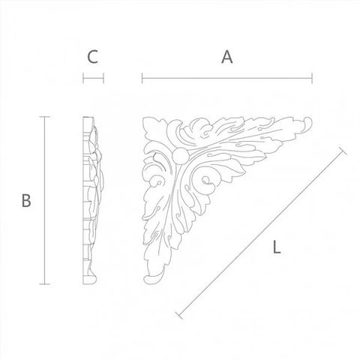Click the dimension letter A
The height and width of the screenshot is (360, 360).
click(227, 57)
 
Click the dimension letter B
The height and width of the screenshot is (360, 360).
click(26, 200)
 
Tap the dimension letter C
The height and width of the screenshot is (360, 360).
click(92, 57)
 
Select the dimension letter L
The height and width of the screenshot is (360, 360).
click(277, 247)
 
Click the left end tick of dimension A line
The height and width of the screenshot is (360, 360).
click(142, 78)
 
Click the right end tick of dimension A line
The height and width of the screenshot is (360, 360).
click(312, 78)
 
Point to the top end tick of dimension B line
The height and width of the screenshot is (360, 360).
click(45, 117)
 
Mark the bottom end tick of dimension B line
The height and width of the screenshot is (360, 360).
click(45, 284)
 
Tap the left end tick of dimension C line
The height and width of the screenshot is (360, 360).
click(83, 78)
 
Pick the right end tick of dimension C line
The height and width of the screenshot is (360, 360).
click(103, 78)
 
